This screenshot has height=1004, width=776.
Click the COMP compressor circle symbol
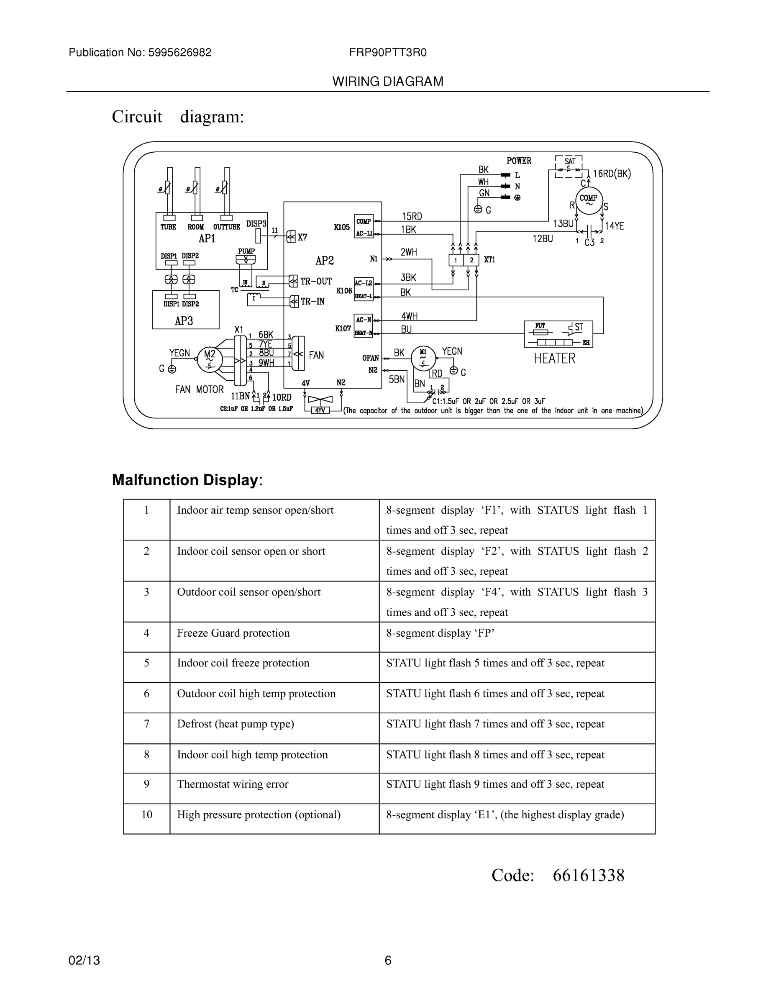588,201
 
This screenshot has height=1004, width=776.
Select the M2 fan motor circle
210,359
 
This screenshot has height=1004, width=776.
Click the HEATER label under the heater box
554,359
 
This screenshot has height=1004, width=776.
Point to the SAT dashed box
569,166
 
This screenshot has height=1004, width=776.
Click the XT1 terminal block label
489,260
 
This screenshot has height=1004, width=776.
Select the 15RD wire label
412,216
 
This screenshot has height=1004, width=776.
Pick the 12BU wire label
543,238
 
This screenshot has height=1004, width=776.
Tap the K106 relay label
344,291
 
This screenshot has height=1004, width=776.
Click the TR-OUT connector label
316,282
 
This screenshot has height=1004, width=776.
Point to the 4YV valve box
321,410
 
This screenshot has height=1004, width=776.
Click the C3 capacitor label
589,243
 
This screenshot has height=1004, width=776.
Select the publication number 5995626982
179,52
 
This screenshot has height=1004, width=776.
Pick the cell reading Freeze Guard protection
233,633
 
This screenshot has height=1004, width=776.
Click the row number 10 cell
147,814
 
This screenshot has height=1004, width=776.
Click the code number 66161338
589,875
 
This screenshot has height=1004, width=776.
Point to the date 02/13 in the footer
84,960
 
